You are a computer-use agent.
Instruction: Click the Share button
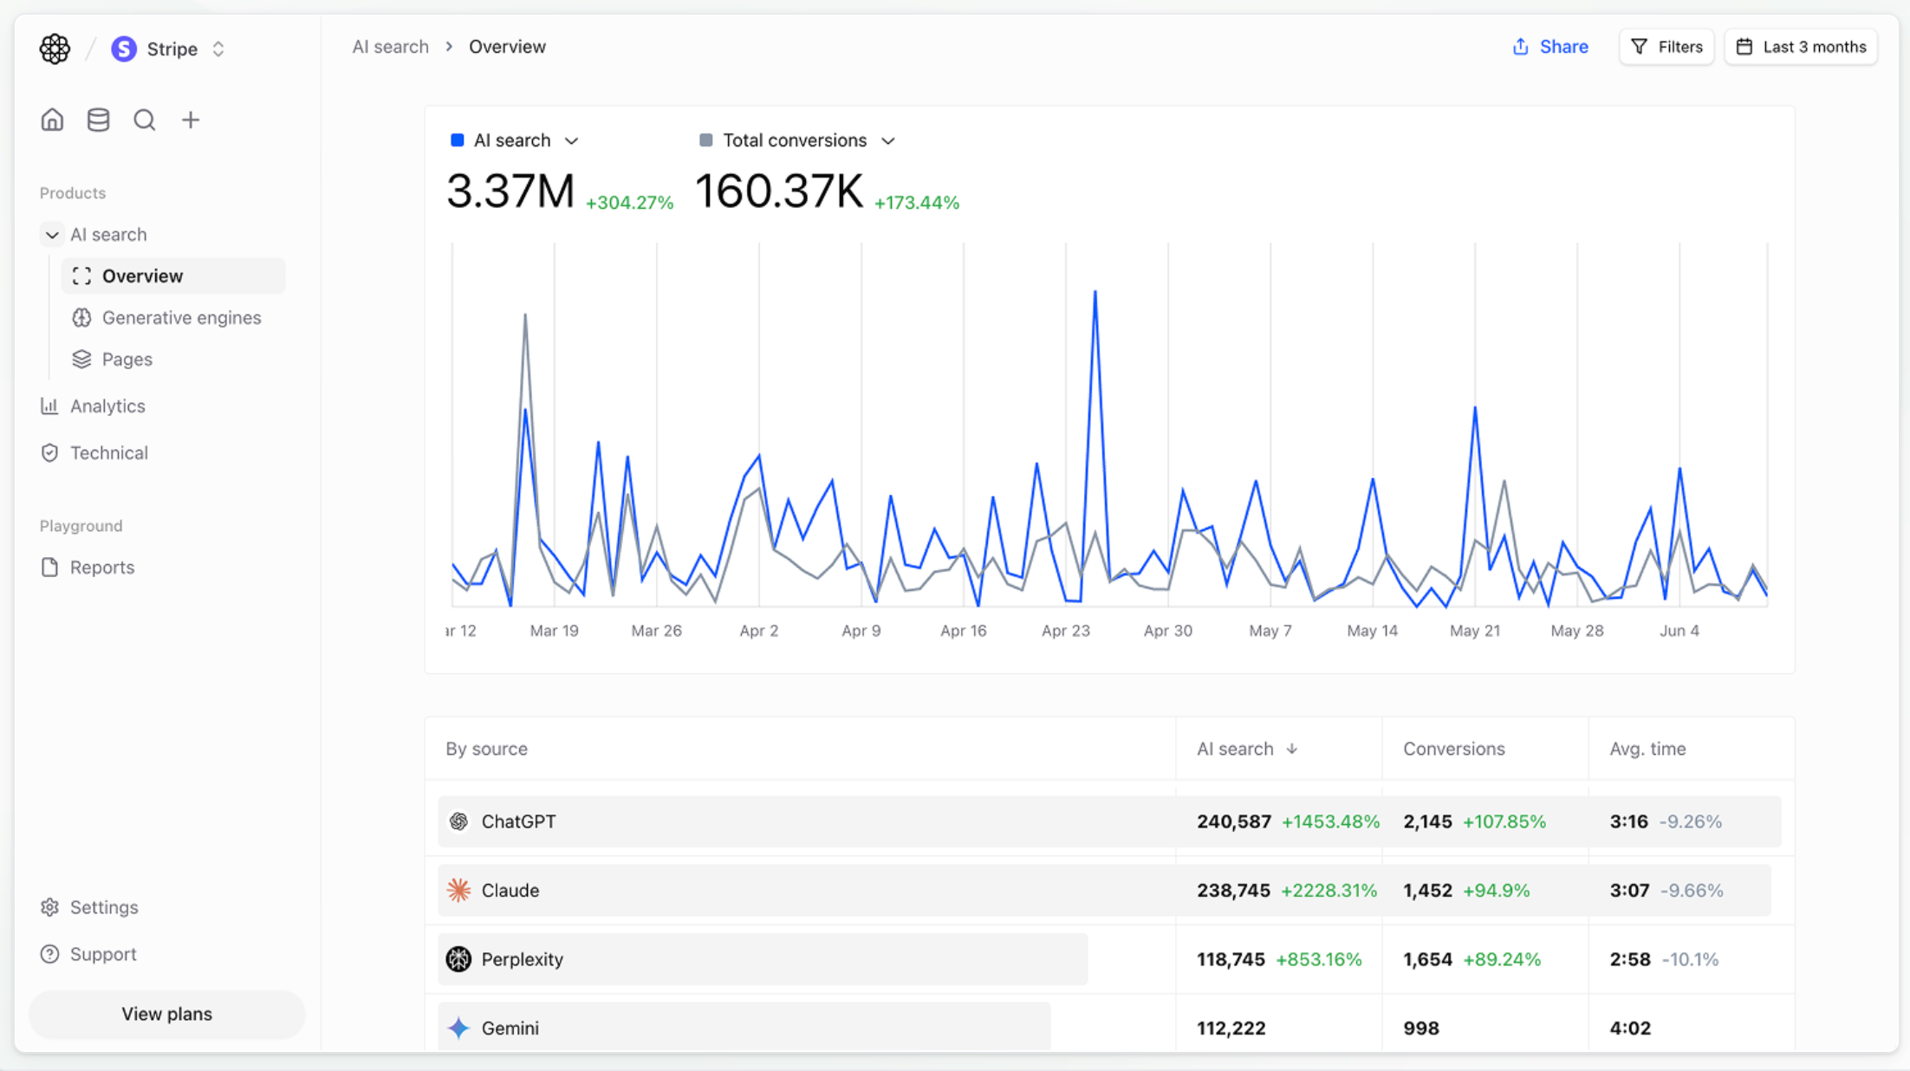point(1550,47)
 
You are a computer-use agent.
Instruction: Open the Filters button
point(1666,47)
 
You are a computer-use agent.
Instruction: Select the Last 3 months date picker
point(1801,47)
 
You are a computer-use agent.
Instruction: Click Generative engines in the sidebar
point(180,318)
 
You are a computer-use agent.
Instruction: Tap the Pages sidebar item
point(127,360)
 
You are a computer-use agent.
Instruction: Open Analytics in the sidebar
point(107,406)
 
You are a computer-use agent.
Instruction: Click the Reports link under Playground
point(101,568)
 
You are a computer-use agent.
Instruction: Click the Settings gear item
point(103,907)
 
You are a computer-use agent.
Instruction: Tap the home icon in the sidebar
point(52,120)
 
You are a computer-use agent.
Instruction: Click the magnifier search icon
point(144,120)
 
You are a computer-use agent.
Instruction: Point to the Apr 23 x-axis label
point(1065,631)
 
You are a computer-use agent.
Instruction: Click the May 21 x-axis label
point(1474,631)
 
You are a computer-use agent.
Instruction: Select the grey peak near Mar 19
point(525,316)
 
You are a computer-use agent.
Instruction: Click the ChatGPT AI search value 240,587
point(1233,821)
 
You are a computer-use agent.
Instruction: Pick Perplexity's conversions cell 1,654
point(1427,959)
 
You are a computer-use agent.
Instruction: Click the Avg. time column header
point(1647,749)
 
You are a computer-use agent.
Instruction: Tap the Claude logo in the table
point(458,890)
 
